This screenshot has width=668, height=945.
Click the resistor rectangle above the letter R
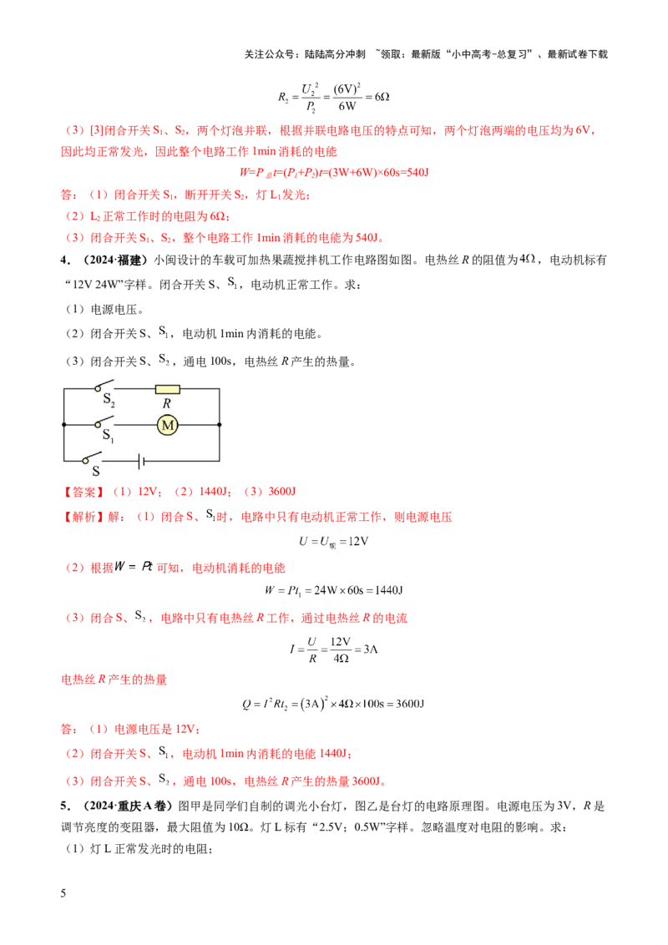tap(168, 389)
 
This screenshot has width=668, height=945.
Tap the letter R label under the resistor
tap(167, 404)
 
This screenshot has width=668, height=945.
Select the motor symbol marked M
tap(168, 425)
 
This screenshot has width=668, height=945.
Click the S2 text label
tap(108, 403)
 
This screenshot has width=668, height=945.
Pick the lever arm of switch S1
tap(104, 421)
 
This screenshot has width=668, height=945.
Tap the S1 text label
tap(108, 435)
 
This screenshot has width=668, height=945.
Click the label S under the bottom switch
tap(95, 472)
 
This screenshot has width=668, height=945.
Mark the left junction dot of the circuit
tap(63, 425)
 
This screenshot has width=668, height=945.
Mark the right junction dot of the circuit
tap(220, 425)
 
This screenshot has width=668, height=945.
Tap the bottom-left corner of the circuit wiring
tap(63, 461)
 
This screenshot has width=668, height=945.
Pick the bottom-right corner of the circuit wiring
tap(220, 461)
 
